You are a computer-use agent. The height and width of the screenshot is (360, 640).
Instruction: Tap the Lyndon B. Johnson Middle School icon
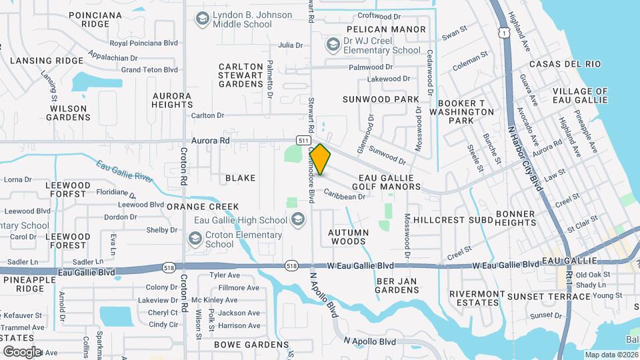coord(201,20)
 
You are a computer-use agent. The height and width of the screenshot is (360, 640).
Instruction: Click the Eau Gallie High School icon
coord(298,220)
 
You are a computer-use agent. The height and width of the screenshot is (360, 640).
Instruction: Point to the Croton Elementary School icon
coord(195,239)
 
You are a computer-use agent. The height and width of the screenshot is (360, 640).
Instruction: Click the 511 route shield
coord(303,141)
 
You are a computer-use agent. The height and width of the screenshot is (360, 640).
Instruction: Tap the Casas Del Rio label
coord(565,64)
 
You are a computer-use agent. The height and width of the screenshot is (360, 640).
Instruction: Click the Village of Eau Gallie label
coord(580,95)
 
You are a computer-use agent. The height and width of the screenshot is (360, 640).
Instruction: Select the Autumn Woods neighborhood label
coord(348,237)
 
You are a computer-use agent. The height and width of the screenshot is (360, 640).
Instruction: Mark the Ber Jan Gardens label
coord(397,285)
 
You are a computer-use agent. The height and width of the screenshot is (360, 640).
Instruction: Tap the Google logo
coord(21,351)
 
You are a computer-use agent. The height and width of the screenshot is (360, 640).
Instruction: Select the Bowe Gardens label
coord(251,345)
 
